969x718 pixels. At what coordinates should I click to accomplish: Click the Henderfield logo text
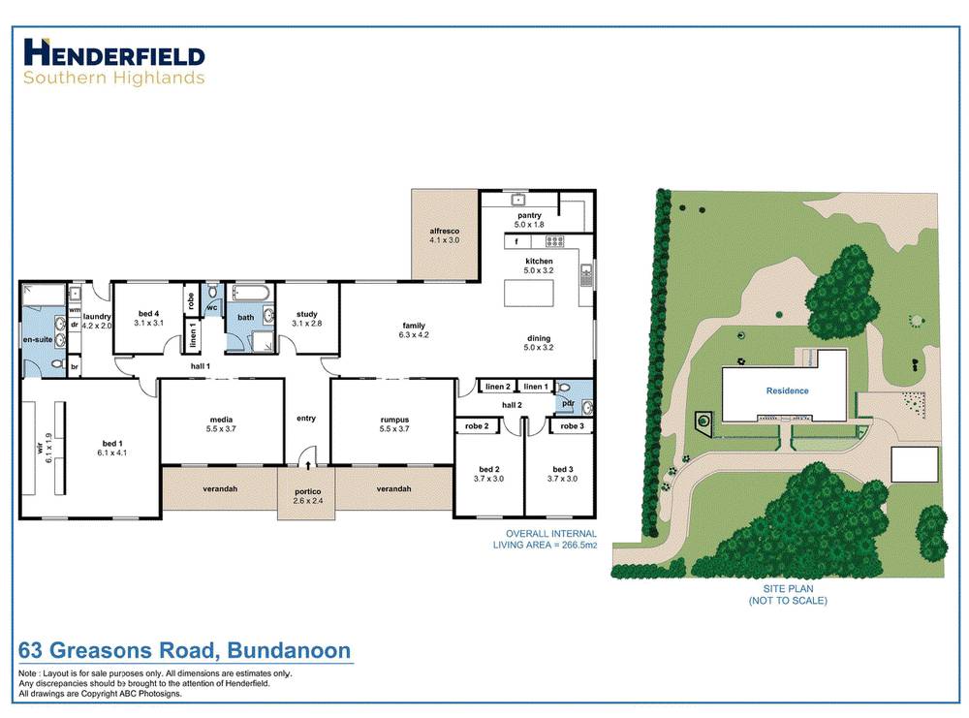pos(113,53)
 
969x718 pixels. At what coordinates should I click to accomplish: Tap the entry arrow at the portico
pos(308,465)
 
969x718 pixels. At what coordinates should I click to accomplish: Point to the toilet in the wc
pos(213,292)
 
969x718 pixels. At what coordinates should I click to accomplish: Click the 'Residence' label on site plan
pos(787,391)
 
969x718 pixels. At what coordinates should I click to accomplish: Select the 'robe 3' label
pos(572,426)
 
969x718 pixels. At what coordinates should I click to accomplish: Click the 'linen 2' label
pos(497,387)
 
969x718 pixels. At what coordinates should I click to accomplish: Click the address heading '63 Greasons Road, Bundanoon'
pos(184,650)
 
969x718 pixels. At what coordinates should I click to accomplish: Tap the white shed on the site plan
pos(914,464)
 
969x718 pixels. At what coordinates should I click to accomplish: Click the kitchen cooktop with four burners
pos(554,241)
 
